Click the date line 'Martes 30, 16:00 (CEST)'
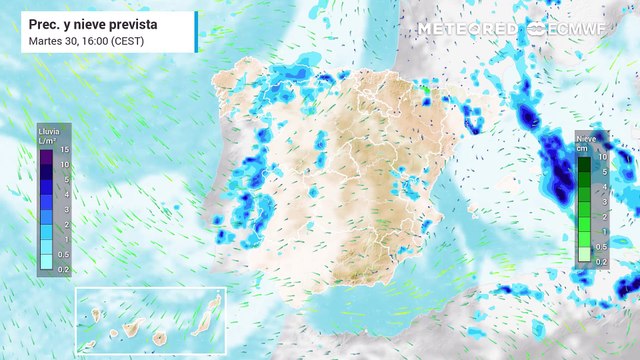(84, 41)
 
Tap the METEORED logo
(467, 29)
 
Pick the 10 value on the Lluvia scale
(63, 164)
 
